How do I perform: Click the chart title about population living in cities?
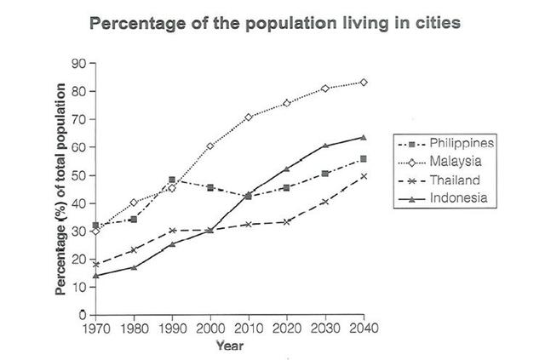pyautogui.click(x=275, y=23)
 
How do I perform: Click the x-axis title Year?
pyautogui.click(x=230, y=346)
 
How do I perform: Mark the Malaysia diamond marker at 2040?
pyautogui.click(x=364, y=83)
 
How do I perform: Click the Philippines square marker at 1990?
pyautogui.click(x=172, y=180)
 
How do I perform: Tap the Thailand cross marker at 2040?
pyautogui.click(x=364, y=176)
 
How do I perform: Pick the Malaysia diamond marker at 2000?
pyautogui.click(x=210, y=146)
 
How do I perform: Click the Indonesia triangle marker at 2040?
pyautogui.click(x=364, y=137)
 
